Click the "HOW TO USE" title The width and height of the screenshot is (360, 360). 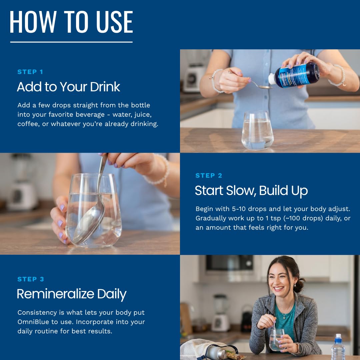[x=71, y=22]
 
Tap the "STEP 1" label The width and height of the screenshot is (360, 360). [x=30, y=72]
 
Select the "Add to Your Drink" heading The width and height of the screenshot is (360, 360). [x=68, y=87]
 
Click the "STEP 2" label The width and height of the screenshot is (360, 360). [x=209, y=176]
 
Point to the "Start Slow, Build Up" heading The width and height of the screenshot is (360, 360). [x=251, y=191]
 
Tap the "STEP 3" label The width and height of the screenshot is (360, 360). [x=31, y=279]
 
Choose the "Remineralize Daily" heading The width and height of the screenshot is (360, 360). [x=72, y=294]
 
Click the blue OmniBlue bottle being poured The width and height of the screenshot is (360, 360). [x=294, y=75]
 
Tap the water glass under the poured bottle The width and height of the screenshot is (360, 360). [x=257, y=130]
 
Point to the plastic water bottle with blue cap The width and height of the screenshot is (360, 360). [x=338, y=347]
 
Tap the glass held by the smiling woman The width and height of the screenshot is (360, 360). [x=276, y=339]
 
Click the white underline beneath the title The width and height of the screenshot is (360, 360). [x=71, y=42]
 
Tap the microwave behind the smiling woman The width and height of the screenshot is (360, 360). [x=230, y=264]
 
